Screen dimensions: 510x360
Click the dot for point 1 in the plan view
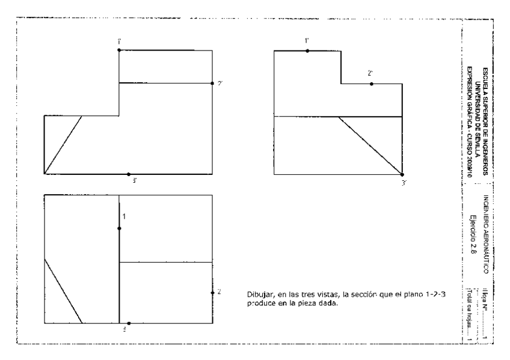tap(120, 228)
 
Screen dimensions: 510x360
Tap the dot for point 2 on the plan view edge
tap(213, 293)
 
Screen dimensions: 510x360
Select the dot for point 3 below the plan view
tap(129, 323)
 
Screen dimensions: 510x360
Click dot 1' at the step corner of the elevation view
tap(120, 50)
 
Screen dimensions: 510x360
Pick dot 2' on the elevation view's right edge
tap(213, 83)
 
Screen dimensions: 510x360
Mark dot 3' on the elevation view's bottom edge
tap(129, 174)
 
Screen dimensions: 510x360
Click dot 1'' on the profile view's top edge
tap(307, 51)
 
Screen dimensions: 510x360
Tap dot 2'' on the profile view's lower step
tap(371, 84)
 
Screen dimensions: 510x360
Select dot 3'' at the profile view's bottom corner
tap(402, 174)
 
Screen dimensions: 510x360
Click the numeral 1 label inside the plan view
tap(124, 216)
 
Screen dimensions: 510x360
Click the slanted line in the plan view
tap(64, 291)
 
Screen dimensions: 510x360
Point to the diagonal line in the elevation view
tap(63, 144)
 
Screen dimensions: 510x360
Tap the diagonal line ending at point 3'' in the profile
tap(370, 145)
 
